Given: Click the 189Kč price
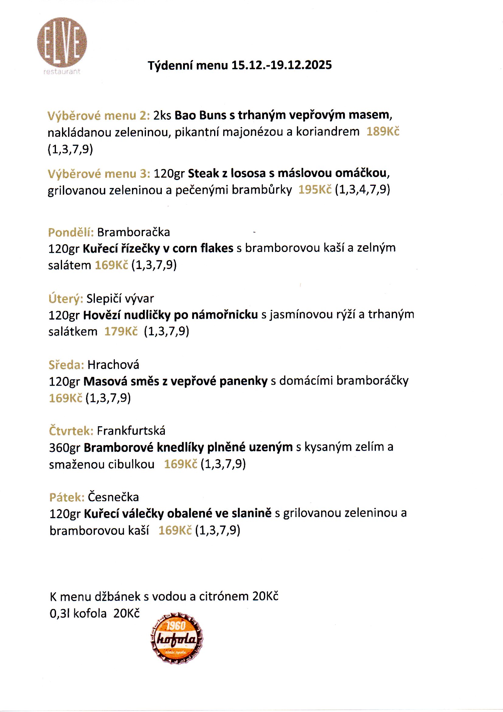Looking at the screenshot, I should click(x=383, y=132).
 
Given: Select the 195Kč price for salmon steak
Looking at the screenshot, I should click(x=315, y=190).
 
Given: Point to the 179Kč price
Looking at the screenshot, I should click(x=121, y=331).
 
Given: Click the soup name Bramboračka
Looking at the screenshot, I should click(x=134, y=232).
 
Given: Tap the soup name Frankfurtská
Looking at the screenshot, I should click(x=131, y=431).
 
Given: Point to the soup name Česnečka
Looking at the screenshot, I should click(x=113, y=497).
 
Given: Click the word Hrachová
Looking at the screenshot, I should click(x=113, y=365).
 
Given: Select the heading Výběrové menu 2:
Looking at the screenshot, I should click(x=99, y=116).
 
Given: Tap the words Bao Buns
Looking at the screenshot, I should click(x=200, y=115).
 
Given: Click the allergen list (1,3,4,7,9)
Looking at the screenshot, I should click(x=363, y=189).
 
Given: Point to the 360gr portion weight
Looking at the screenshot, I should click(x=64, y=448).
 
